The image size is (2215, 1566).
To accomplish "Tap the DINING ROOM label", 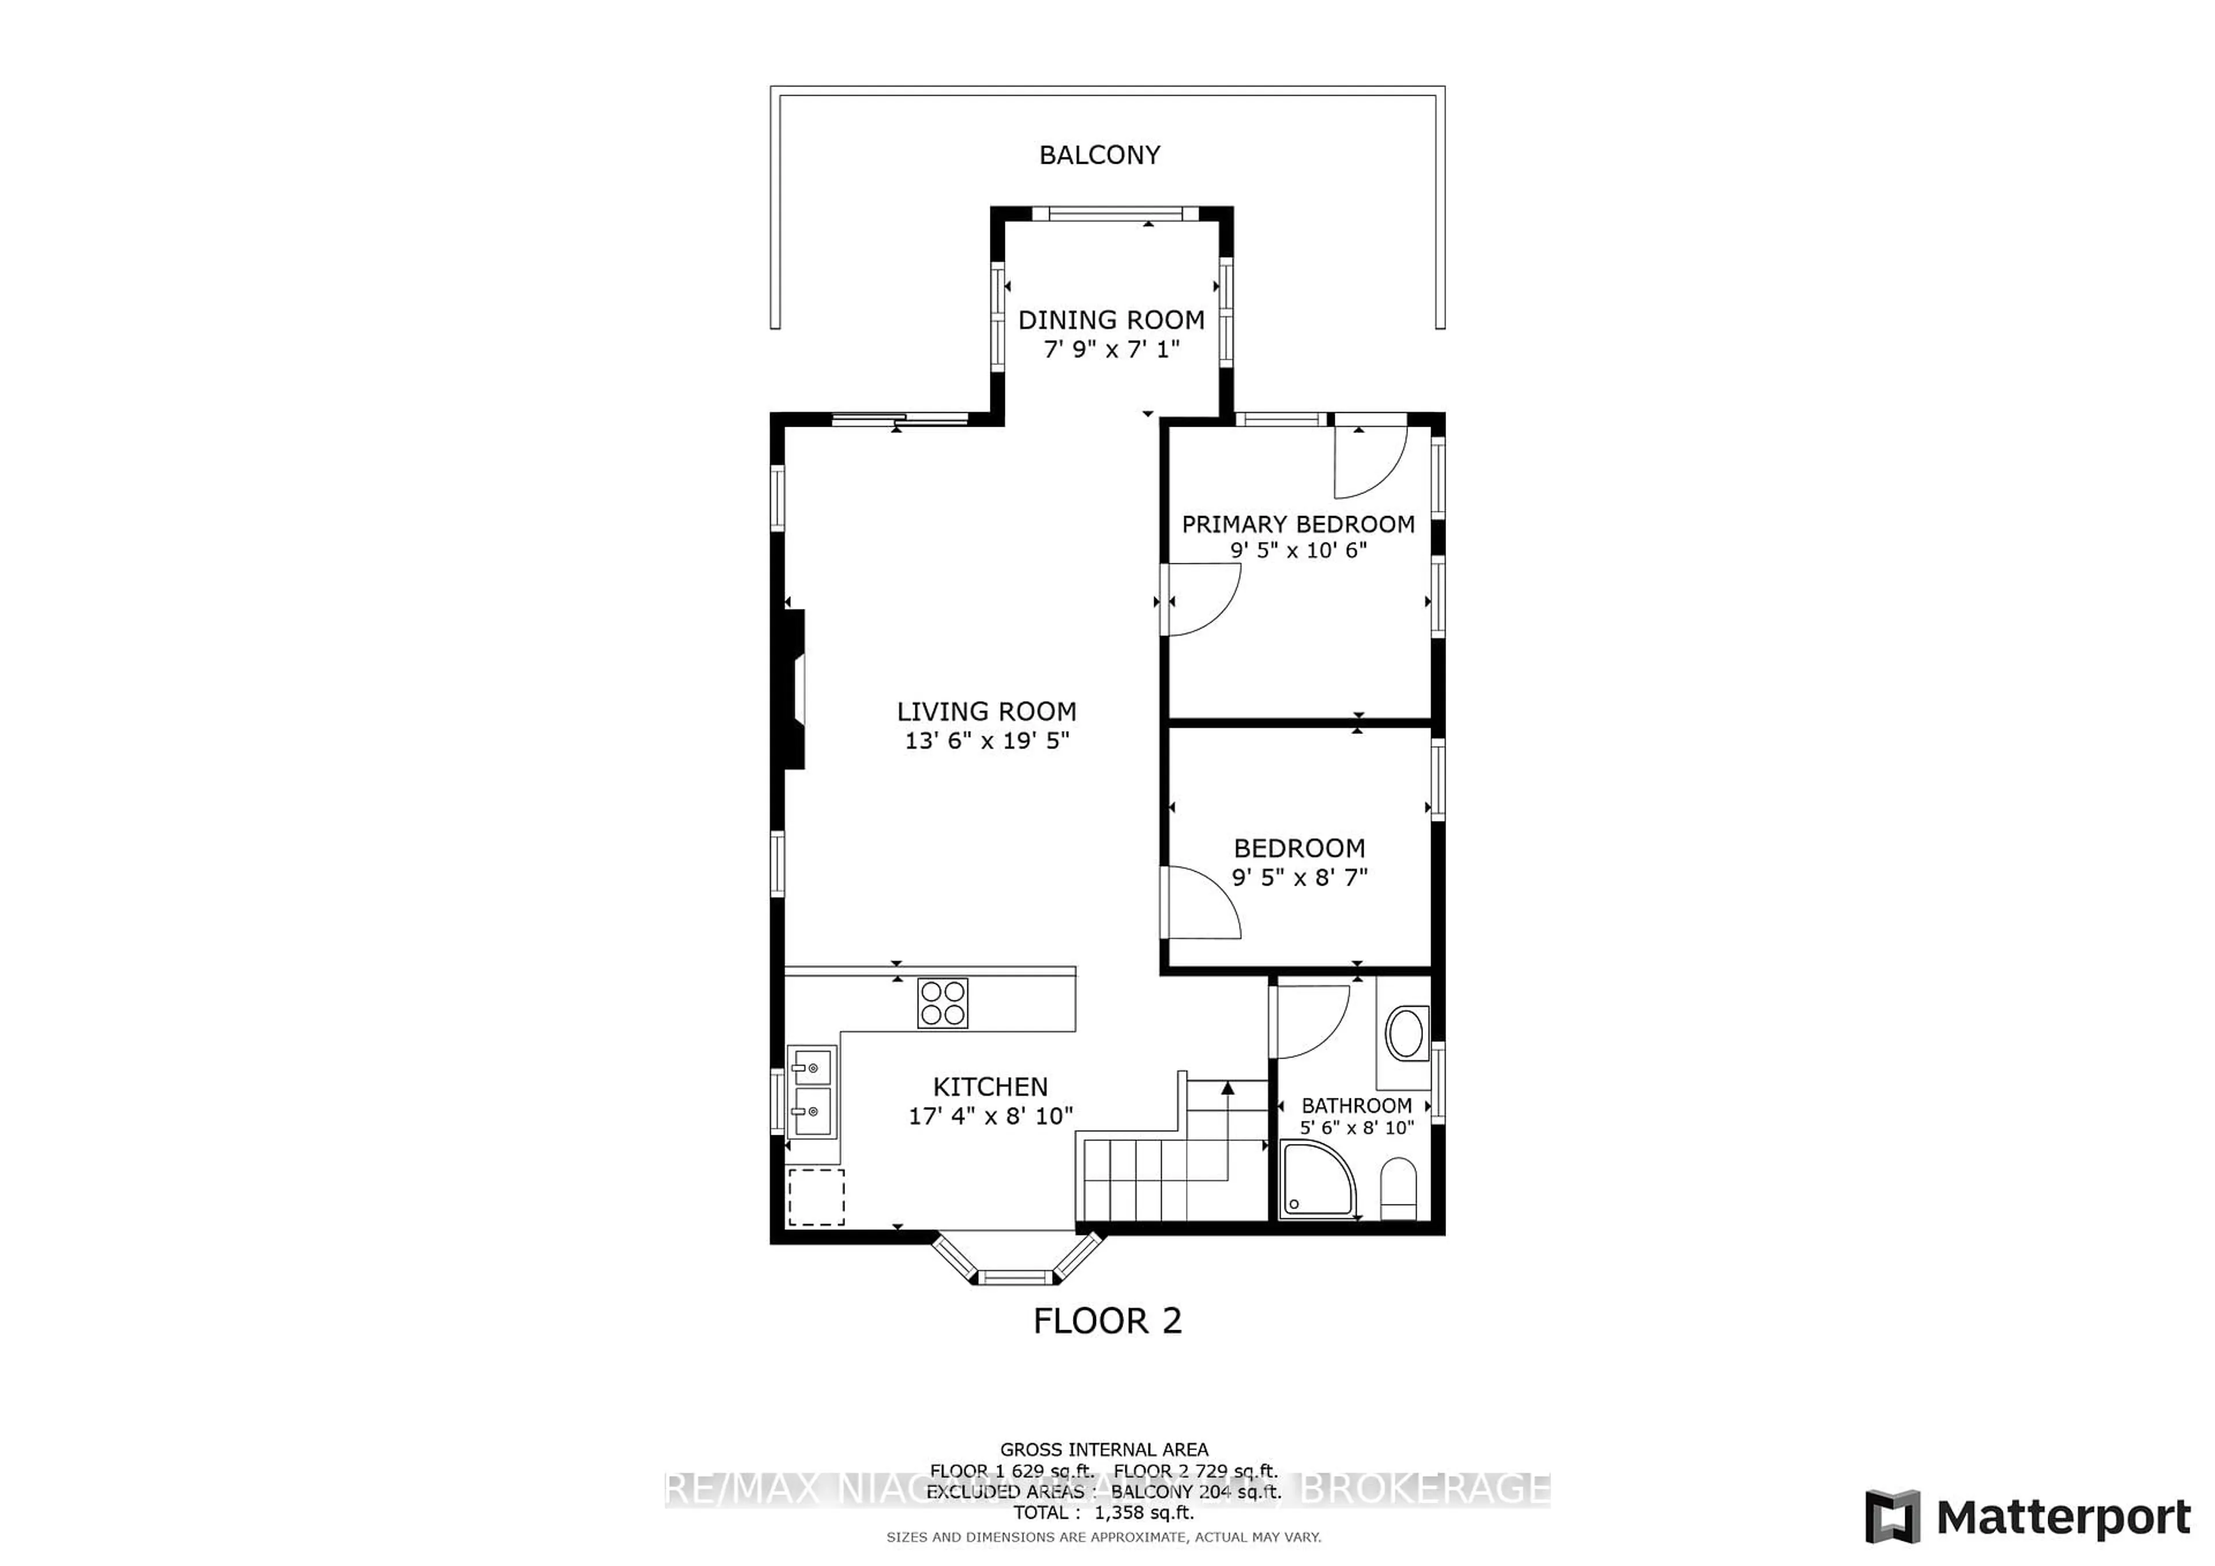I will tap(1112, 320).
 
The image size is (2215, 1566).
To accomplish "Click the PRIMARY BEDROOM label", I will tap(1297, 525).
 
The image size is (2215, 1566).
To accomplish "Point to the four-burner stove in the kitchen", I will tap(943, 1003).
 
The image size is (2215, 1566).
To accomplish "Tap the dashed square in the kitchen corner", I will tap(816, 1198).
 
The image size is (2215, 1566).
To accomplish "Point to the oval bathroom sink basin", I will tap(1406, 1034).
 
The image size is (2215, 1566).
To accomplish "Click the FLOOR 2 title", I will tap(1106, 1321).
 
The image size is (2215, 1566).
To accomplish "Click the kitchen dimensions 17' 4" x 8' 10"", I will tap(990, 1116).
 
